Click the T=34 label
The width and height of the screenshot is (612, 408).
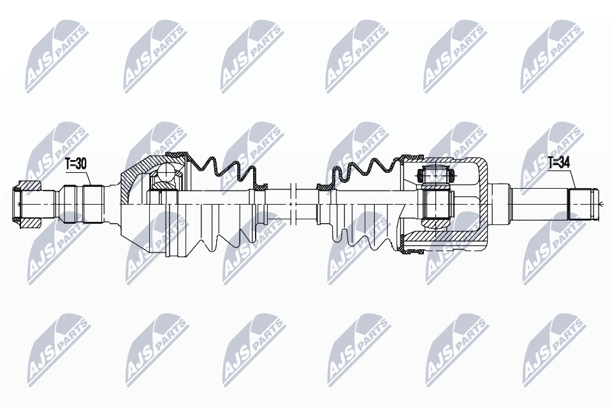point(558,163)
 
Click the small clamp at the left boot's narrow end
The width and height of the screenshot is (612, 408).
point(259,187)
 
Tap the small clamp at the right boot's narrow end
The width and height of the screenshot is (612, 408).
point(325,187)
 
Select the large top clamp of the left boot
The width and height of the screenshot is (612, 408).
point(177,155)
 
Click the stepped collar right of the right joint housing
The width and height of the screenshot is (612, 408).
point(501,203)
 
